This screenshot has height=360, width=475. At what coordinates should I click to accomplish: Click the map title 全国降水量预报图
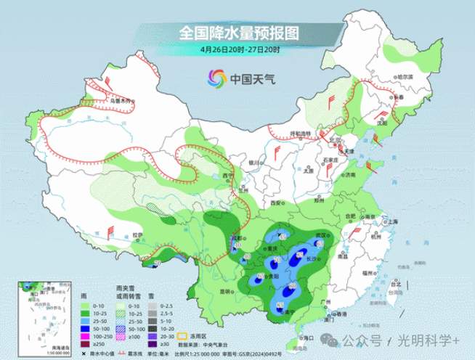pos(240,33)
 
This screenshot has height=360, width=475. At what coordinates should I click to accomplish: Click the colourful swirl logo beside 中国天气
pos(216,78)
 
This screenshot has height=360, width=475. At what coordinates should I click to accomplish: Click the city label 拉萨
pos(137,234)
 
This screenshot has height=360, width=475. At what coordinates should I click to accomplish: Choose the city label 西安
pos(276,204)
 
